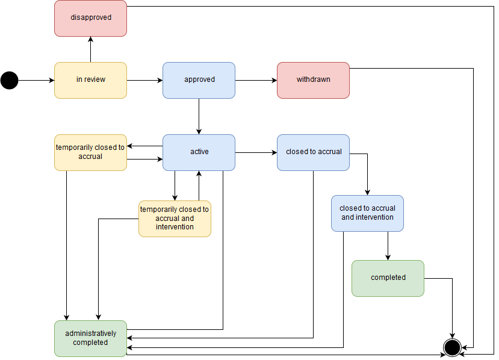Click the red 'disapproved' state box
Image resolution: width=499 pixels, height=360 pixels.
tap(90, 18)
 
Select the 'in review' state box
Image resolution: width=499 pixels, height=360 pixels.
tap(90, 80)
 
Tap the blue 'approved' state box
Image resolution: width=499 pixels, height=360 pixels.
tap(199, 80)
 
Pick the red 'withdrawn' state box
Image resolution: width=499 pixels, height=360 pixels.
tap(313, 80)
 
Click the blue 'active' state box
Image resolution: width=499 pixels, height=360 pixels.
tap(199, 152)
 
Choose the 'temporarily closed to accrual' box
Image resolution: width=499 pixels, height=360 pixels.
tap(90, 152)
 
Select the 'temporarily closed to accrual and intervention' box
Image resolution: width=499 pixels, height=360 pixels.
tap(175, 219)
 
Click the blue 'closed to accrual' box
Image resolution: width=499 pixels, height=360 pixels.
tap(313, 152)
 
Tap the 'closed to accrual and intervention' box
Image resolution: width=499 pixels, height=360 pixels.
tap(367, 213)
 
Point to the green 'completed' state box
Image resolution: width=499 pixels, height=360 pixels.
tap(388, 278)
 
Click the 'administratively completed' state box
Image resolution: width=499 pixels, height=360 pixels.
tap(90, 338)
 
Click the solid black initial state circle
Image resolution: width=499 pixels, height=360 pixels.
tap(10, 80)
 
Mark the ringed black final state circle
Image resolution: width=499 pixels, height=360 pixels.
tap(452, 347)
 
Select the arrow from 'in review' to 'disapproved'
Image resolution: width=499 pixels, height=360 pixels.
tap(90, 49)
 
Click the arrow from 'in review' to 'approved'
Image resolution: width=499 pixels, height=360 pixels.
tap(144, 80)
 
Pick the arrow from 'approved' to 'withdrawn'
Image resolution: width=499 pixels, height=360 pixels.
tap(256, 80)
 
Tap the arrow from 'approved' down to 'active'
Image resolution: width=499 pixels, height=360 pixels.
tap(199, 116)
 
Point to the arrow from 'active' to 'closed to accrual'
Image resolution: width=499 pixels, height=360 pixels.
tap(256, 153)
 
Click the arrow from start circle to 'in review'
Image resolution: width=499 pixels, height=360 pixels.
tap(36, 80)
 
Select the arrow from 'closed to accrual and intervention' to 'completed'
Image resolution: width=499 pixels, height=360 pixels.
tap(388, 246)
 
